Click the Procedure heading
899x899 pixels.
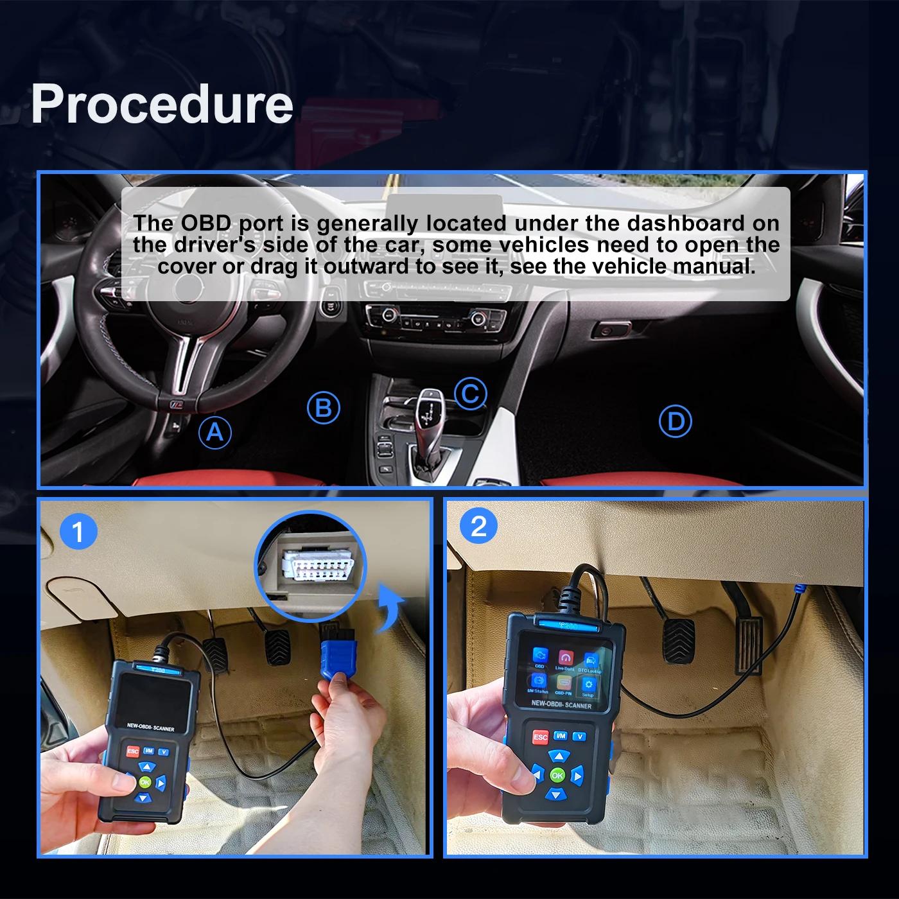162,104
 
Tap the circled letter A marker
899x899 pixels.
214,432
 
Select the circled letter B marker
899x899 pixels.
323,408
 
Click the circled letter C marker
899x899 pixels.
470,393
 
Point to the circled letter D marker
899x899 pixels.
676,422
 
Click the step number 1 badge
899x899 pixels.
78,532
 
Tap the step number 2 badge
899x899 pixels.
479,527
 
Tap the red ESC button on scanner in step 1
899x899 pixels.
133,751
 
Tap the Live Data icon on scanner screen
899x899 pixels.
564,659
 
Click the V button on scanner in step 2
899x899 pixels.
580,737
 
